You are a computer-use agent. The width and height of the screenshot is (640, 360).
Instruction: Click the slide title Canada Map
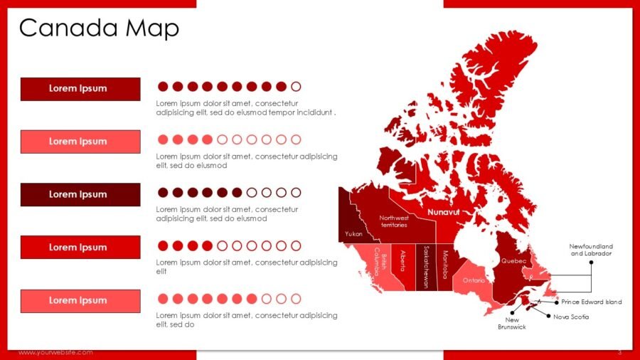99,28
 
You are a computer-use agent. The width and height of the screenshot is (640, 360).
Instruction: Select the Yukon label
353,233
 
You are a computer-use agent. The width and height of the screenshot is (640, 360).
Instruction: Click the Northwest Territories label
393,221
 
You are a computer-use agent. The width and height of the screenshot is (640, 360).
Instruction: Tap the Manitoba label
445,264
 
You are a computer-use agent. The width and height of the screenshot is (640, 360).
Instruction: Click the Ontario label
474,280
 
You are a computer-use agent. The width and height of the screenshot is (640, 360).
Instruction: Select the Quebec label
513,261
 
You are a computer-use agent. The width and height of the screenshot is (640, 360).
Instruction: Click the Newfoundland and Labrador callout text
591,250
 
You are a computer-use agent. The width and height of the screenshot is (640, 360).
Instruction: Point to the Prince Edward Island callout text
591,302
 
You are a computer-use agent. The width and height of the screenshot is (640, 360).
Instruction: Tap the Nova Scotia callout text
571,317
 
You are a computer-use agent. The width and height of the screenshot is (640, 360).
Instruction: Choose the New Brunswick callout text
512,324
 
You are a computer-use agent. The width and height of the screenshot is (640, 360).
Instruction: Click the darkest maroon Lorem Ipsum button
80,194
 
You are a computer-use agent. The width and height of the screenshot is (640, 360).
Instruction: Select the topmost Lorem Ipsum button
80,88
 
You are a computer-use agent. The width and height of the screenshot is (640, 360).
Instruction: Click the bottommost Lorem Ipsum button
80,300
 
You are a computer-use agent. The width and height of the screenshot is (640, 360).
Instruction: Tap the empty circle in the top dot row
297,87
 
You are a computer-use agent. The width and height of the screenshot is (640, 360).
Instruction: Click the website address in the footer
55,353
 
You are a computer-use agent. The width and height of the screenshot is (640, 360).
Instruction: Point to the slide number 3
619,353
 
